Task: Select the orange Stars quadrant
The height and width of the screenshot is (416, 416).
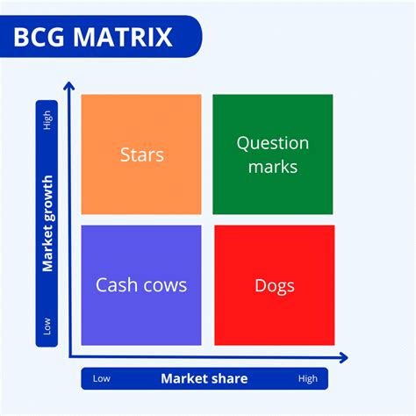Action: (141, 154)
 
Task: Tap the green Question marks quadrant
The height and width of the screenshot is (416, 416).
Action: (273, 154)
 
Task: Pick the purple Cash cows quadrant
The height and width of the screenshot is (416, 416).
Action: (141, 285)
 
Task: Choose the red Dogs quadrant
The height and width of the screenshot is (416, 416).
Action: (274, 285)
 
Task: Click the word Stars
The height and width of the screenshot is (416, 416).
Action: (141, 155)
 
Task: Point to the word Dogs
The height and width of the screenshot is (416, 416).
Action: (274, 286)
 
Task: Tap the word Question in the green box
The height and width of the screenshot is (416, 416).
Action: (273, 143)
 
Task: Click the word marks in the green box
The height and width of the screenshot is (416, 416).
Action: (273, 166)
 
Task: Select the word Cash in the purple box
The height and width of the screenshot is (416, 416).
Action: (117, 285)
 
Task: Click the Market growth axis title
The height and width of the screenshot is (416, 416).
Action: (47, 223)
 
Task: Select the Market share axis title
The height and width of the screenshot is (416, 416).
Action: (204, 379)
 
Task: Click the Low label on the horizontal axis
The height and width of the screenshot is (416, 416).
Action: (102, 379)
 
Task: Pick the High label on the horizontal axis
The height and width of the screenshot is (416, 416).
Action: (307, 379)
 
